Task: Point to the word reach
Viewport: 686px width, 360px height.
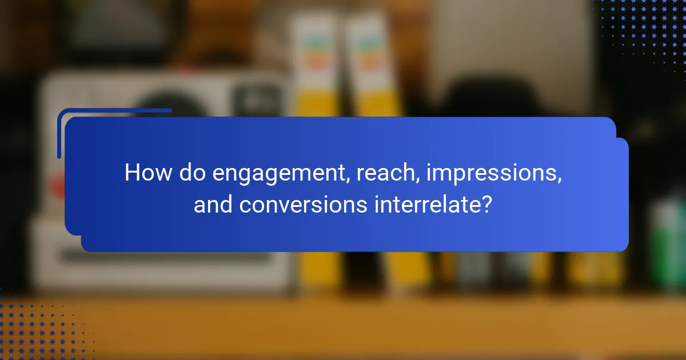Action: click(x=378, y=173)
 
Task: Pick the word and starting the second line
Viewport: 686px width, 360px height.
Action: click(x=213, y=204)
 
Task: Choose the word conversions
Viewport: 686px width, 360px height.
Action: click(x=304, y=204)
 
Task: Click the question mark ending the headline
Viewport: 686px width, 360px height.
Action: click(x=486, y=204)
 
